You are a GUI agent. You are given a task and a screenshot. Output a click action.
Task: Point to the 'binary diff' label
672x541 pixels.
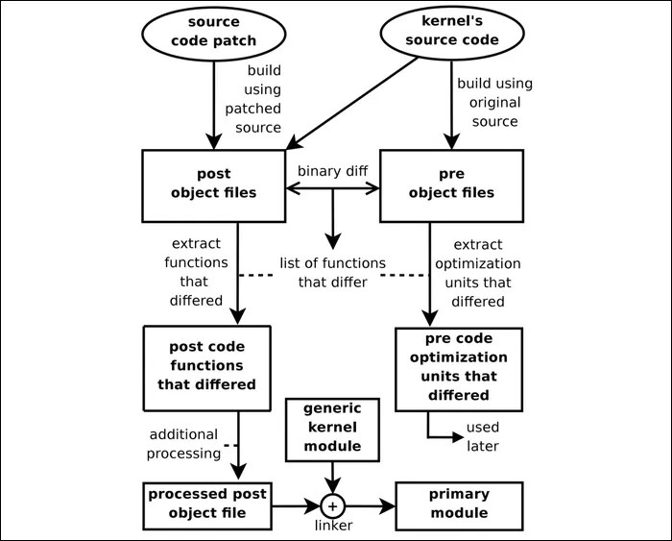tap(332, 170)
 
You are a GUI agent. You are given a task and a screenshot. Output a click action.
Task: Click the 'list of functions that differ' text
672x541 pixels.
tap(332, 272)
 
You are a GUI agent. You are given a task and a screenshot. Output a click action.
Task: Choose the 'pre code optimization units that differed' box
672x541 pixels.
tap(459, 368)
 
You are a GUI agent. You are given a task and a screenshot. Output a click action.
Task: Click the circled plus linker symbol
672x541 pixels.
tap(332, 505)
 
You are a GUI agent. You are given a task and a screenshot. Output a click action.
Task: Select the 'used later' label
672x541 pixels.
tap(482, 436)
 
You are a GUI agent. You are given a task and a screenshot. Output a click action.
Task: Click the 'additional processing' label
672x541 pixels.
tap(183, 444)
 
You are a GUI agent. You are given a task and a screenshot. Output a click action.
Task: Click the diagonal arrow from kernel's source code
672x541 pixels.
tap(351, 101)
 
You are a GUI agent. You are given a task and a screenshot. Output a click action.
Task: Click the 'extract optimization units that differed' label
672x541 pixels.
tap(488, 273)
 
